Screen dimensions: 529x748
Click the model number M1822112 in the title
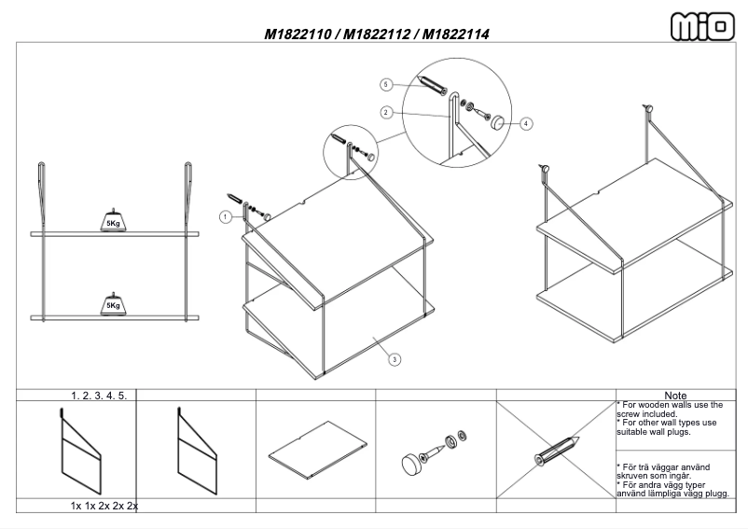(378, 35)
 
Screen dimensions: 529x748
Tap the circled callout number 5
(386, 84)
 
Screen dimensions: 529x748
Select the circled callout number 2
(386, 112)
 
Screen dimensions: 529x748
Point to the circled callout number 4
(527, 123)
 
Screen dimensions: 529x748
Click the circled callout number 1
(224, 216)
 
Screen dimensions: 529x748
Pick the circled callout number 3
(395, 359)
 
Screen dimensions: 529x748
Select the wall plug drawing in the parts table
(556, 452)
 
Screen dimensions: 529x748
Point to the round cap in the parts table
(409, 461)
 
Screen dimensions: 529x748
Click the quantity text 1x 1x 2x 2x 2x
(104, 506)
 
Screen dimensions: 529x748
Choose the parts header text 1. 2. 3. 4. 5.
(100, 396)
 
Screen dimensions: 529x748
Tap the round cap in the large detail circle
(499, 120)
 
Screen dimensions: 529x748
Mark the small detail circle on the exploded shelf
(351, 147)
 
